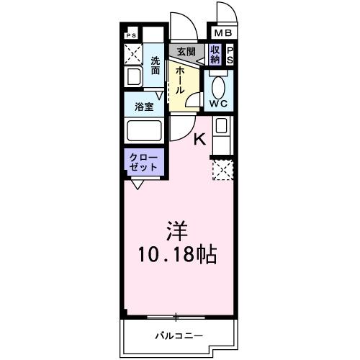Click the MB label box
click(221, 32)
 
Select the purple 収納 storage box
click(215, 55)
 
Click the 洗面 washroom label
click(156, 67)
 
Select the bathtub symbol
click(144, 132)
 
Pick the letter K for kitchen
click(199, 140)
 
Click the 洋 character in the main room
click(179, 232)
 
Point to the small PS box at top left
click(131, 35)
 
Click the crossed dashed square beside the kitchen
click(221, 170)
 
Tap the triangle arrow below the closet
click(136, 184)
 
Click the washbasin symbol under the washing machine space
click(133, 77)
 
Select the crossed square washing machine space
click(132, 53)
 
